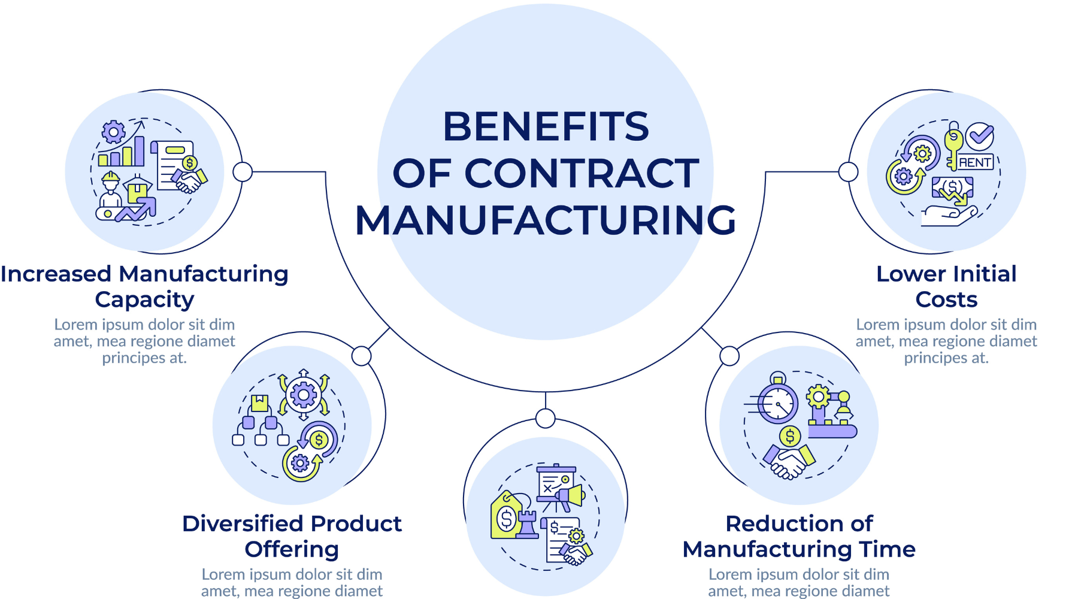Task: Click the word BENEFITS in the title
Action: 546,126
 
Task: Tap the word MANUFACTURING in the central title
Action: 546,220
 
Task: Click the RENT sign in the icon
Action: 976,162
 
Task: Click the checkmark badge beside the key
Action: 980,136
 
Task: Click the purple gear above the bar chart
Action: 113,132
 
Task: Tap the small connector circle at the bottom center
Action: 546,418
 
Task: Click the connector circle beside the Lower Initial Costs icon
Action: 848,172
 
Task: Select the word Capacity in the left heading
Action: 144,299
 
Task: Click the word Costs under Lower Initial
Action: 946,299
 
